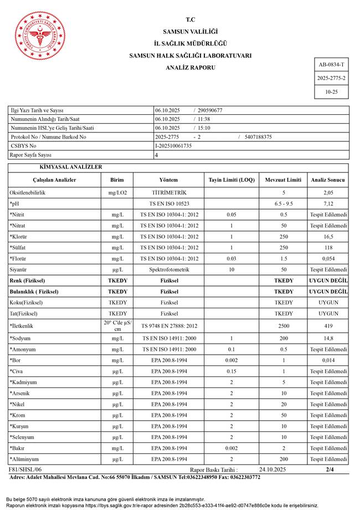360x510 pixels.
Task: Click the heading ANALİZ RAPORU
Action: (190, 68)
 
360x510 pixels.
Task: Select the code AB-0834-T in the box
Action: (331, 65)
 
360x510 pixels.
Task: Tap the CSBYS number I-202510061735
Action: (174, 146)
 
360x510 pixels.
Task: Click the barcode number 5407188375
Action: (258, 137)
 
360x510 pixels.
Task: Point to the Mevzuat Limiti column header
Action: (284, 180)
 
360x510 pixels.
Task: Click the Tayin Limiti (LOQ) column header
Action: (232, 180)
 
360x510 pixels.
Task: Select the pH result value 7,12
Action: (328, 204)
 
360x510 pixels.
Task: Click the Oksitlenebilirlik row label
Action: (28, 192)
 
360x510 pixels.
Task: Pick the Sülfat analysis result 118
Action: (328, 248)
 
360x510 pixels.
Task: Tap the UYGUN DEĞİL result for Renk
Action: (328, 280)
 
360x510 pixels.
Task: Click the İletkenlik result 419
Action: (328, 325)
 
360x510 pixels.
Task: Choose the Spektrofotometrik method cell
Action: (169, 269)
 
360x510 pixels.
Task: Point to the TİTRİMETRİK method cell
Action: (169, 192)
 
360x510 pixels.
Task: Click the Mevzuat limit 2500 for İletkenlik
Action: (284, 325)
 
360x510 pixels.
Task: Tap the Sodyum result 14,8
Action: (328, 338)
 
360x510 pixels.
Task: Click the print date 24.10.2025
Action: (272, 470)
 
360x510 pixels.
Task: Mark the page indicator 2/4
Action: (330, 470)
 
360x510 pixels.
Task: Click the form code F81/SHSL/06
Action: (25, 470)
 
